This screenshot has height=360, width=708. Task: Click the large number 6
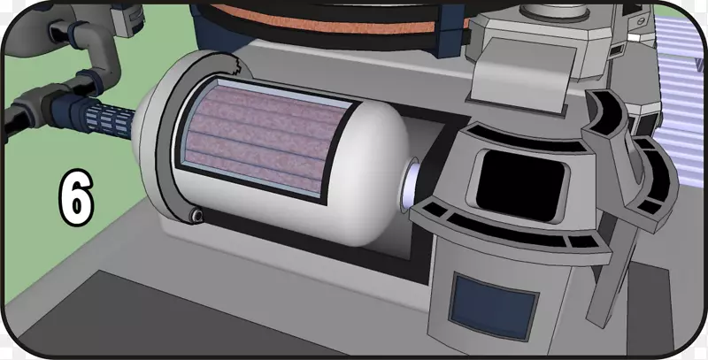[x=76, y=197]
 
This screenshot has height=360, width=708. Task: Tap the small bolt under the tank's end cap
[x=196, y=216]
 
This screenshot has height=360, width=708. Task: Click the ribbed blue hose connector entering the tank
[x=112, y=120]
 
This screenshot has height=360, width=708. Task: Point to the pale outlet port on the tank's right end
[x=410, y=185]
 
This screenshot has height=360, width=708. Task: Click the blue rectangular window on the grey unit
[x=495, y=307]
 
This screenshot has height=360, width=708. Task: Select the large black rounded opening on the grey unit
[x=520, y=185]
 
